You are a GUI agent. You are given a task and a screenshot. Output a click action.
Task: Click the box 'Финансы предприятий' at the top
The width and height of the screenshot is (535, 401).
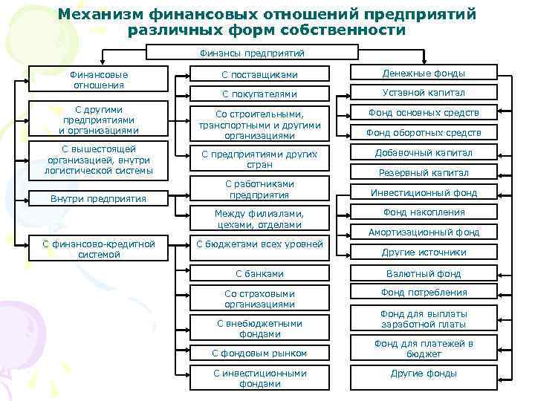252,53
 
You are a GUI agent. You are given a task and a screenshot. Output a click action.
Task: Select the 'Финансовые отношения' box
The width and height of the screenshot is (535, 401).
99,79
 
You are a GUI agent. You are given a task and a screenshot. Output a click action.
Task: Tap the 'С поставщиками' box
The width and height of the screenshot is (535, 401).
259,74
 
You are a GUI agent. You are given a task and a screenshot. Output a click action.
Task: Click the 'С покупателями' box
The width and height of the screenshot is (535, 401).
259,94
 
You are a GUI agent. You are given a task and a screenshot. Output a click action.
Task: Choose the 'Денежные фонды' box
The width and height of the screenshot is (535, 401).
424,74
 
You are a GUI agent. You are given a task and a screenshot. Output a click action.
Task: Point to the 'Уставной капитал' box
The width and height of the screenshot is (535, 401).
424,93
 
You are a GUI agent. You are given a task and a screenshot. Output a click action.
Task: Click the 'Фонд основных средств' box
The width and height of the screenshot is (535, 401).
424,113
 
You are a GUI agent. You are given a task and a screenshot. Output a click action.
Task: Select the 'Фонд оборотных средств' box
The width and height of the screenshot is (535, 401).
424,132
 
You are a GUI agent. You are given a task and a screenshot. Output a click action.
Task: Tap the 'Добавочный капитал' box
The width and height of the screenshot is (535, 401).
424,153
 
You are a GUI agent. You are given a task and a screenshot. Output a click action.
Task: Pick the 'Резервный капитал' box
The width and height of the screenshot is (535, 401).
424,172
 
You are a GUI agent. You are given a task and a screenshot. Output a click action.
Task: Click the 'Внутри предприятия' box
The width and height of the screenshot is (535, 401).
99,199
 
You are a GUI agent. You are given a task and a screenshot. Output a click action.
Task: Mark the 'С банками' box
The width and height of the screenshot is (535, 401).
259,273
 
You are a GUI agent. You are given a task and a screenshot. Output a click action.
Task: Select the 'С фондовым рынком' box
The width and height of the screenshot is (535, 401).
259,353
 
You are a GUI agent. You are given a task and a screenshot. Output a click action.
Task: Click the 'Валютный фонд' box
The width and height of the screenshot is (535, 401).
424,273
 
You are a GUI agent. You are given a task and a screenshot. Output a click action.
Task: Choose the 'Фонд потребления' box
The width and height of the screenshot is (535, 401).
424,293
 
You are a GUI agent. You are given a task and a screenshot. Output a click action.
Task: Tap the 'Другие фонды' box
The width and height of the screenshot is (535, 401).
424,374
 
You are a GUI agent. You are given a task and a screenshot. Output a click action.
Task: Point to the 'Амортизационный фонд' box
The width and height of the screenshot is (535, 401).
424,232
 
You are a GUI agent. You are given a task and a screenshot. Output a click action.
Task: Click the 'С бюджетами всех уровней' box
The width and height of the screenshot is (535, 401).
259,244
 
